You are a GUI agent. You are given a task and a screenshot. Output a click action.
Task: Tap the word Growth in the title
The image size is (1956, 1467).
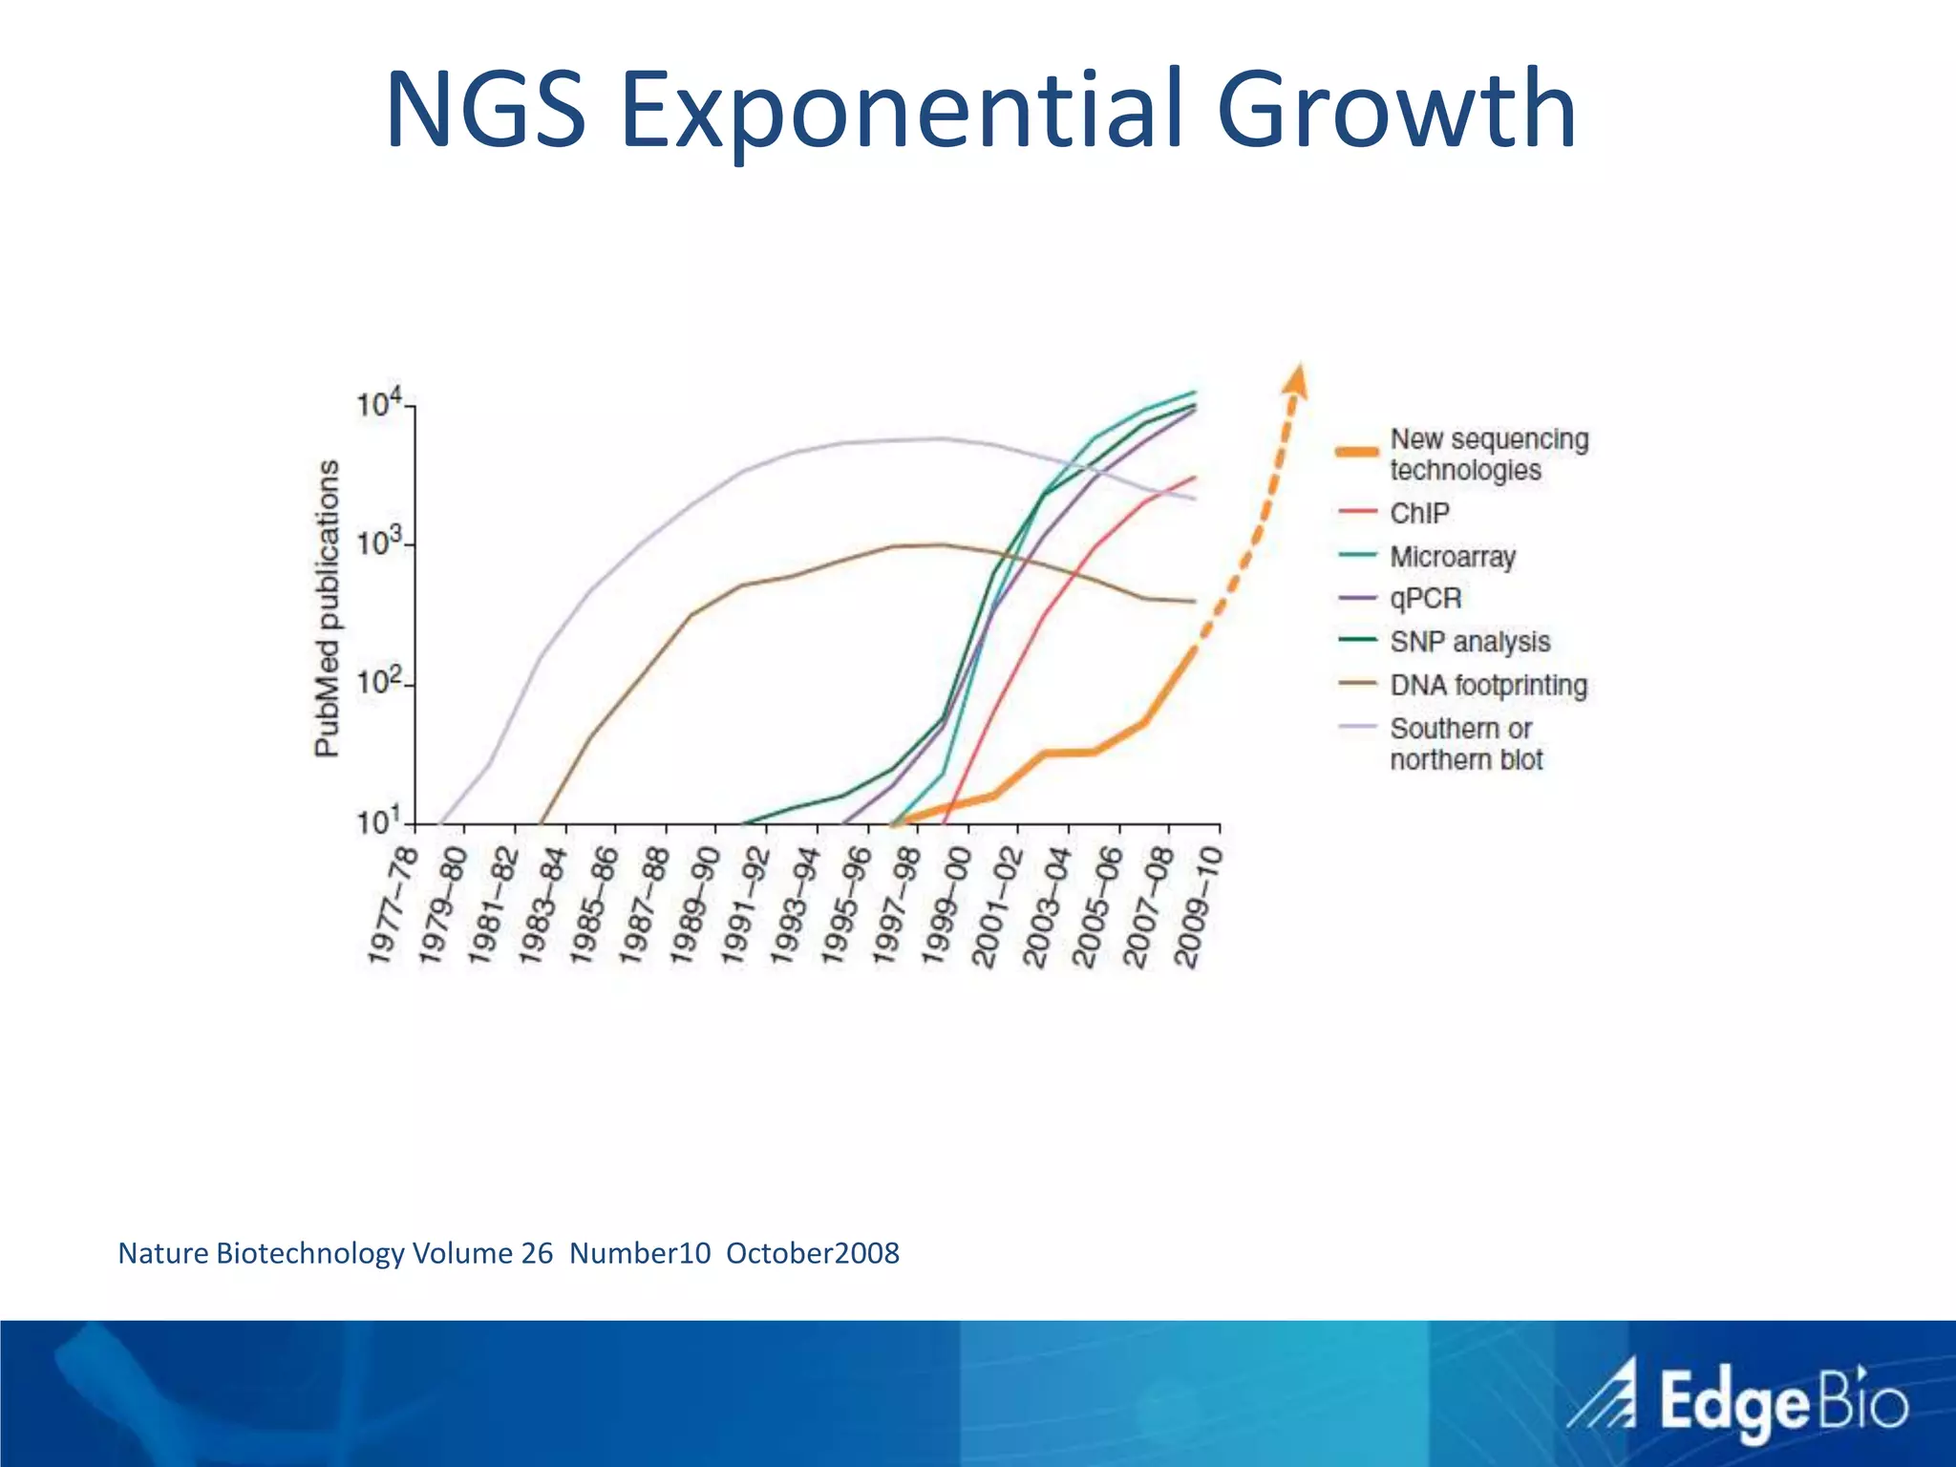tap(1395, 109)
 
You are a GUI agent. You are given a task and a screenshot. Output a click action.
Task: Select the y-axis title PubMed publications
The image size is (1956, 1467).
tap(328, 608)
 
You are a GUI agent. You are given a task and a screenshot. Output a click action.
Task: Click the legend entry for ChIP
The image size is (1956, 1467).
tap(1419, 513)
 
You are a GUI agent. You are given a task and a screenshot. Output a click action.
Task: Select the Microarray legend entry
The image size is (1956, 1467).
tap(1453, 556)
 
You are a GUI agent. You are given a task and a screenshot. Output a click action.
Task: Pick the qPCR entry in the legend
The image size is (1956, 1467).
tap(1426, 599)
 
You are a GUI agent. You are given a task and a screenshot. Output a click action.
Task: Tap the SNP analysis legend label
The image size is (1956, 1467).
tap(1470, 642)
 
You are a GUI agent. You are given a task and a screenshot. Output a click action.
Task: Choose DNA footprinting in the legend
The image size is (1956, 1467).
tap(1488, 685)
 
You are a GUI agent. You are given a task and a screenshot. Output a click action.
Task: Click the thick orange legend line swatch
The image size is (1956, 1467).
tap(1356, 452)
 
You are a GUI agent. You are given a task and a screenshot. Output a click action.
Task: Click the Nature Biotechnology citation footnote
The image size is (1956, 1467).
tap(508, 1253)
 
